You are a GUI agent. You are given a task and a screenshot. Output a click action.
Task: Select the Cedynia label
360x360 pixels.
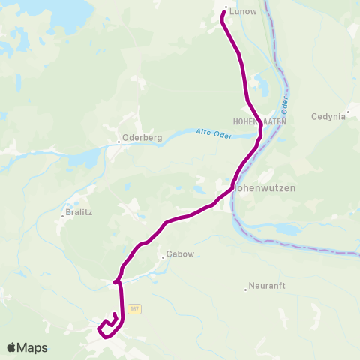pyautogui.click(x=329, y=116)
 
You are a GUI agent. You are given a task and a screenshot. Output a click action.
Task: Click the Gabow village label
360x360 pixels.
pyautogui.click(x=181, y=254)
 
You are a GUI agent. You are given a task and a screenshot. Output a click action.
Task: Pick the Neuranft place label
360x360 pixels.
pyautogui.click(x=267, y=286)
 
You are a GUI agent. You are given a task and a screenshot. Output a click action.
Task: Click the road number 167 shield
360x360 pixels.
pyautogui.click(x=134, y=308)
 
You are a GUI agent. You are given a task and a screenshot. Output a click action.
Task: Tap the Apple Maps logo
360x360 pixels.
pyautogui.click(x=27, y=347)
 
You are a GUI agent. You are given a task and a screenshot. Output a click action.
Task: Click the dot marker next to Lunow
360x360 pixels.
pyautogui.click(x=226, y=8)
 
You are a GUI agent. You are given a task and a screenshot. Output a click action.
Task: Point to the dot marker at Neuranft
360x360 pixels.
pyautogui.click(x=246, y=289)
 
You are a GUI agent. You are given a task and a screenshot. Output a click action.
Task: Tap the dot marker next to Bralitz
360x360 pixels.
pyautogui.click(x=63, y=216)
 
